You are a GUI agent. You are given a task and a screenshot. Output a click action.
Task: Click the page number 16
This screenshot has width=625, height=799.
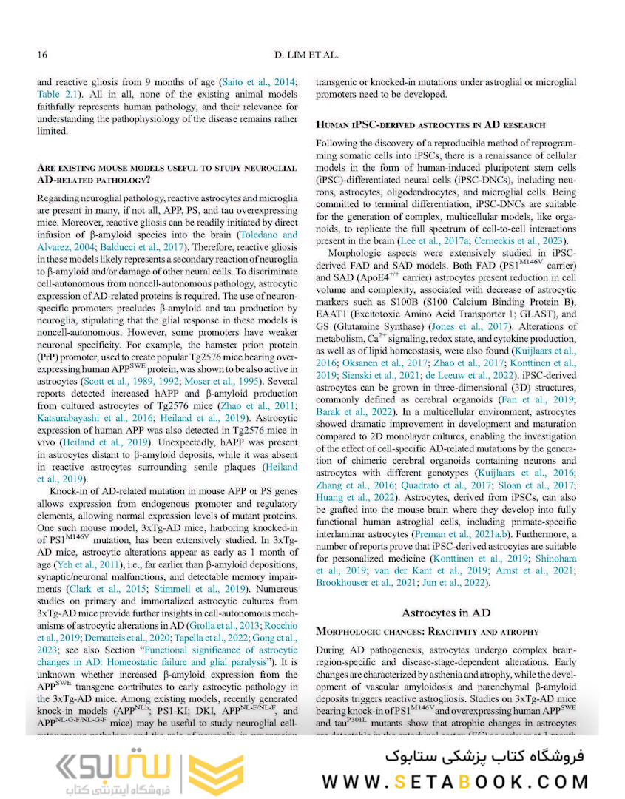click(x=42, y=54)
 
